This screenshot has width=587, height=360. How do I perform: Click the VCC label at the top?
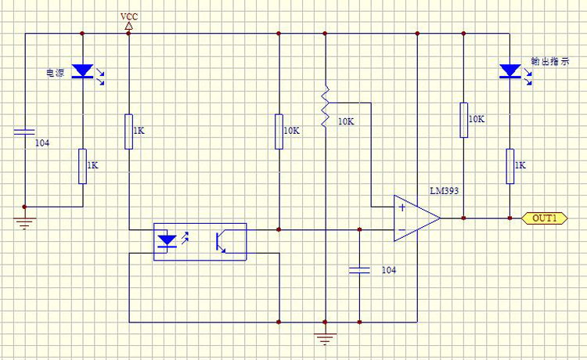pos(128,16)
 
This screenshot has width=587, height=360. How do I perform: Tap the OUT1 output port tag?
pos(544,218)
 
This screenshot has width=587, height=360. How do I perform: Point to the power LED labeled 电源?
pos(82,72)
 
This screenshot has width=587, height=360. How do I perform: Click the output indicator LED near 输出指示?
pos(510,72)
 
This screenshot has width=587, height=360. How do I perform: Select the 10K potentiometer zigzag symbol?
pos(324,110)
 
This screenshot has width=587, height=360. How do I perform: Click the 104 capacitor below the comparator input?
pos(359,269)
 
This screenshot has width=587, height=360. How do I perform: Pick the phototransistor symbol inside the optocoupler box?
pos(222,241)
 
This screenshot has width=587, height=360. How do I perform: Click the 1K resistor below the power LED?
pos(82,166)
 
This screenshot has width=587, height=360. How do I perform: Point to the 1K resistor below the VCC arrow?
pos(128,131)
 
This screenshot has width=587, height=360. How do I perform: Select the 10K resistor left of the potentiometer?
pos(278,131)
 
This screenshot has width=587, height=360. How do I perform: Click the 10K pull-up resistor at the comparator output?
pos(463,120)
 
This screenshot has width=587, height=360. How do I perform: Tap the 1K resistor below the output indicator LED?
pos(510,166)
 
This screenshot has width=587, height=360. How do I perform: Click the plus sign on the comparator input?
pos(402,208)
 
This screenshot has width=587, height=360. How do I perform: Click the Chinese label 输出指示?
pos(546,61)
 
